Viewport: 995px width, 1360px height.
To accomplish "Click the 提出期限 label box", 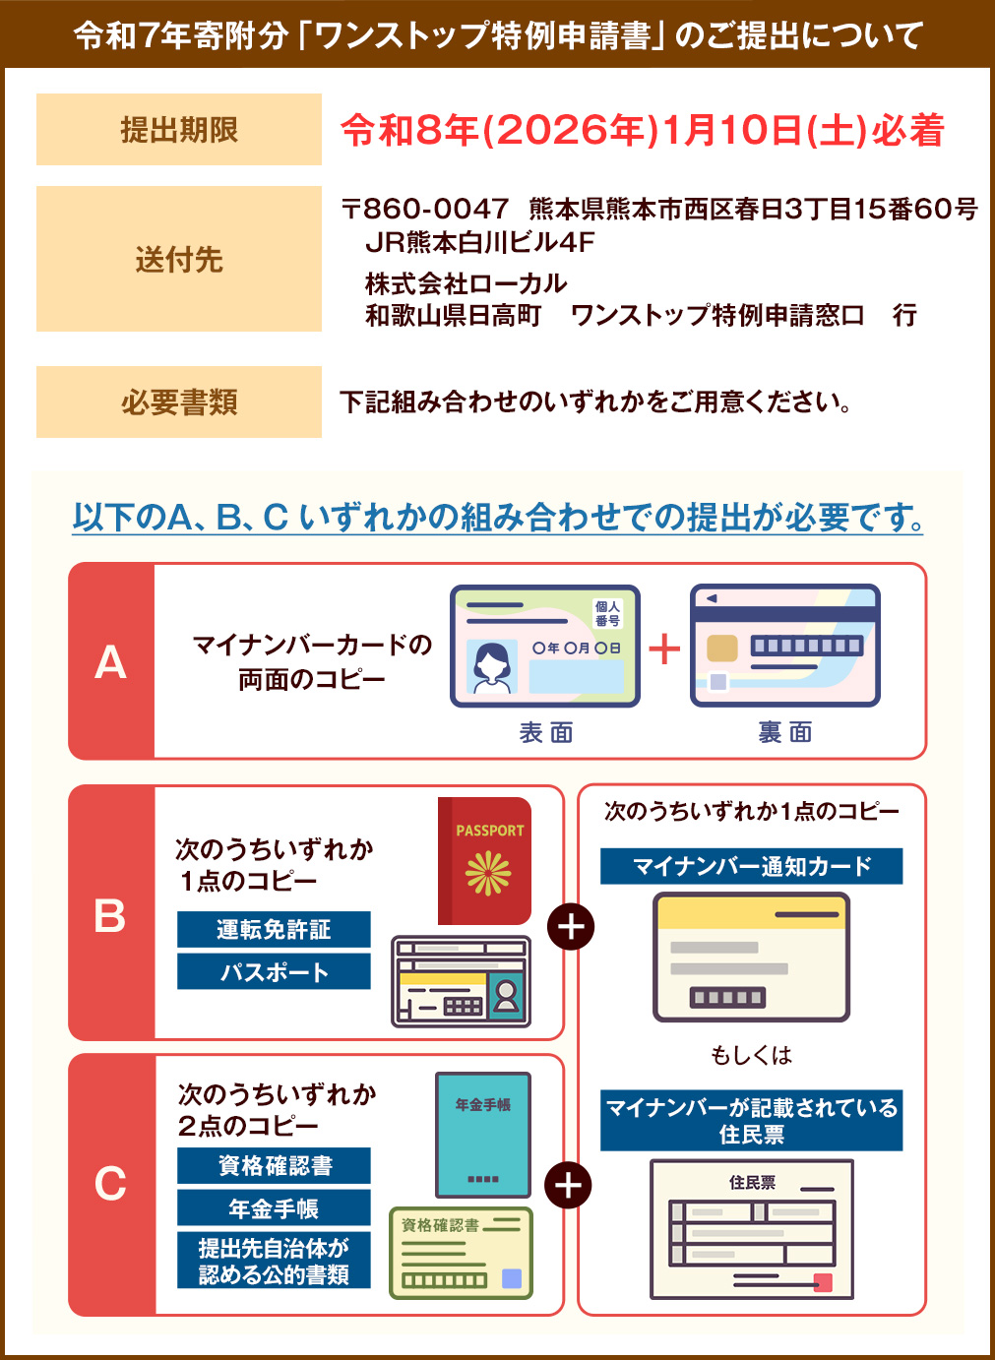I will click(178, 130).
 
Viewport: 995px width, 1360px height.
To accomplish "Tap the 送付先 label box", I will click(178, 259).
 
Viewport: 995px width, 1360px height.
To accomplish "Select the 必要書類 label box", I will click(178, 402).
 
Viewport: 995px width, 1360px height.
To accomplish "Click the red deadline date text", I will click(642, 130).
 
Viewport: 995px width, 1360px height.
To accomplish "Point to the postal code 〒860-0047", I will click(425, 209).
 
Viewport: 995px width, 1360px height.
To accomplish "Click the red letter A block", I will click(111, 661).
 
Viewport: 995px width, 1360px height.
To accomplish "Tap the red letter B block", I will click(111, 913).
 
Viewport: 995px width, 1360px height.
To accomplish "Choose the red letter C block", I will click(111, 1184).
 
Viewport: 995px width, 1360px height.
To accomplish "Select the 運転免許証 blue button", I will click(274, 929).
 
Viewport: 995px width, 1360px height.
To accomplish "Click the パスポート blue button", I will click(274, 971).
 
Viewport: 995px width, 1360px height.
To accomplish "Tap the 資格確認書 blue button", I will click(274, 1165).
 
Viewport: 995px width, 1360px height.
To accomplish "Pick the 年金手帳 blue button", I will click(274, 1207).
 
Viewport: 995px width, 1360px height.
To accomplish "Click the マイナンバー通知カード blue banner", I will click(751, 866).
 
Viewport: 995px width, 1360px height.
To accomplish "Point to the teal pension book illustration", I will click(482, 1134).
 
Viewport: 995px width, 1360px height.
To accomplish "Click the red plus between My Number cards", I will click(664, 649).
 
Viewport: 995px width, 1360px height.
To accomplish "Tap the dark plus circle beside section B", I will click(571, 927).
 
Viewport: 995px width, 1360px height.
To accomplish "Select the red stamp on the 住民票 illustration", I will click(823, 1282).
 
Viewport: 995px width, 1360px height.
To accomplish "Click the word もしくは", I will click(751, 1055).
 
